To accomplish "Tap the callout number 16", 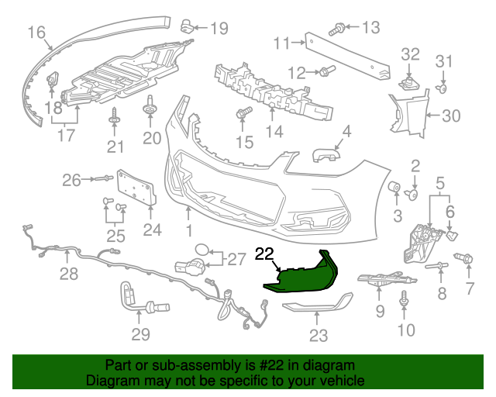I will pos(36,32).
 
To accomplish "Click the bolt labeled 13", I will pos(337,29).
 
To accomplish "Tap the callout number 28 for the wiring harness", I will pos(69,274).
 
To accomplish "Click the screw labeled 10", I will pos(404,298).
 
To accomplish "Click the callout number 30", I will pos(450,116).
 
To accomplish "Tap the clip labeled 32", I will pos(409,81).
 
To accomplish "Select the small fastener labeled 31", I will pos(443,88).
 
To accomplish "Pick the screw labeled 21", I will pos(115,117).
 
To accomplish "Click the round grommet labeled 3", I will pos(394,188).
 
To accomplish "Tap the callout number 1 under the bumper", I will pos(188,231).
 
